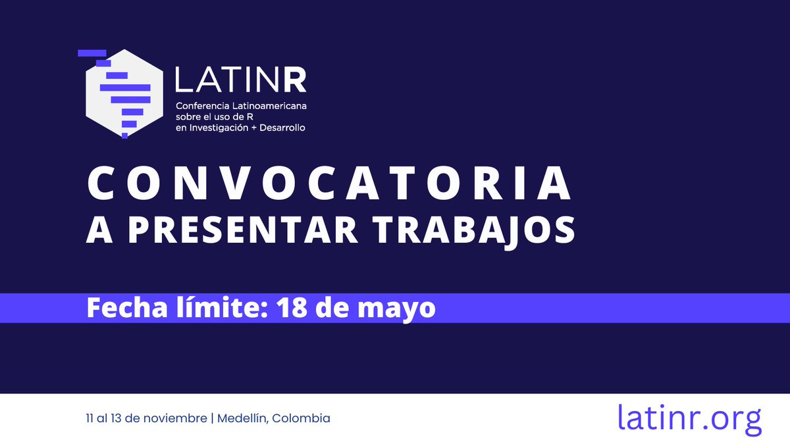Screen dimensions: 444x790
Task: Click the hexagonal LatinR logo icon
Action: (x=123, y=92)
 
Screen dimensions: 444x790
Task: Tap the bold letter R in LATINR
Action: (x=294, y=80)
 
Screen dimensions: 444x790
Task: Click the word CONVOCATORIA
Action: (x=329, y=185)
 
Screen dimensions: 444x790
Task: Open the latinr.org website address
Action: (x=689, y=417)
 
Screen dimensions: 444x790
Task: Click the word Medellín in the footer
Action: (x=242, y=418)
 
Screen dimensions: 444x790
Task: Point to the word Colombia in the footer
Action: (x=302, y=418)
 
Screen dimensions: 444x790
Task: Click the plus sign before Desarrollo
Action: (x=251, y=127)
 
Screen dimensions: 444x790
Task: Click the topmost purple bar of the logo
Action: (x=92, y=52)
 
